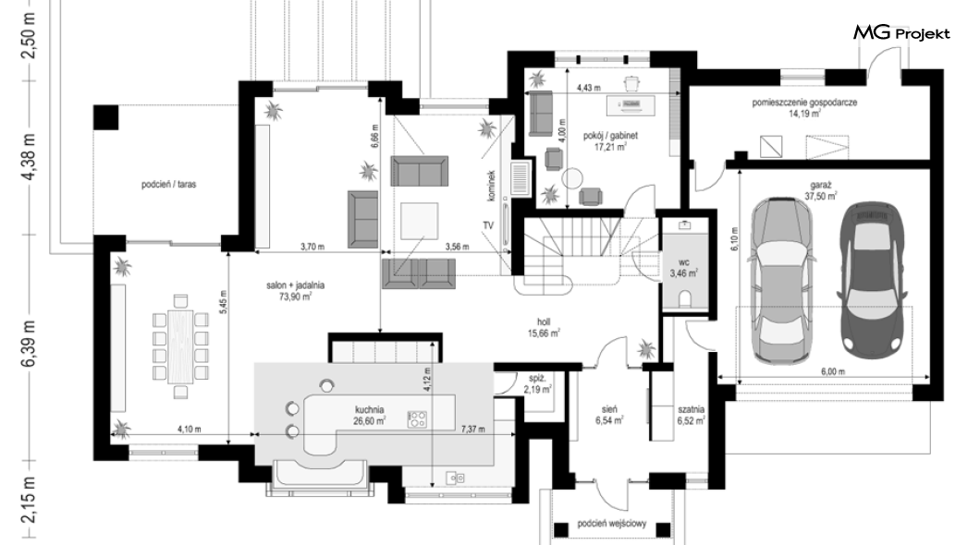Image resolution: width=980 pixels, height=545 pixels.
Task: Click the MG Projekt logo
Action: pos(901,32)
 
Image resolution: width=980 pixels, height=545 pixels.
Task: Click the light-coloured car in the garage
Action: pos(781,281)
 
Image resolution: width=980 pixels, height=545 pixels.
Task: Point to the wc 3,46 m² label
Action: pos(684,268)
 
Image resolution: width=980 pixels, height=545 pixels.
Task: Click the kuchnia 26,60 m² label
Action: pos(370,415)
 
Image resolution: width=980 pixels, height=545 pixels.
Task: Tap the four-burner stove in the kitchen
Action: pos(418,418)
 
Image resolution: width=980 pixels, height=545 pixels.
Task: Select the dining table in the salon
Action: pos(180,346)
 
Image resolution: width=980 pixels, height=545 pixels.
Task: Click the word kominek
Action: pos(491,186)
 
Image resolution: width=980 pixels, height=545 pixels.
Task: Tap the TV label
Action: pos(488,225)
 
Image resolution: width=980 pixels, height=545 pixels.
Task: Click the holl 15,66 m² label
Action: pos(544,328)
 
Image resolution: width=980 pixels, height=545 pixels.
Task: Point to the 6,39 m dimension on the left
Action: pos(30,345)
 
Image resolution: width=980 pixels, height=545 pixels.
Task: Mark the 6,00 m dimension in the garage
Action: pos(832,371)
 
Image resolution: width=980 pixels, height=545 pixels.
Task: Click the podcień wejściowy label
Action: pos(612,523)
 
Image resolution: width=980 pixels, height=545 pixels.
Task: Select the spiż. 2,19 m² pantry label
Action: pos(537,384)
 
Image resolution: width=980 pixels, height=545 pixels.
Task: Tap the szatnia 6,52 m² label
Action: pos(692,415)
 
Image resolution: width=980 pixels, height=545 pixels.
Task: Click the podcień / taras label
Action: pos(169,184)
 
